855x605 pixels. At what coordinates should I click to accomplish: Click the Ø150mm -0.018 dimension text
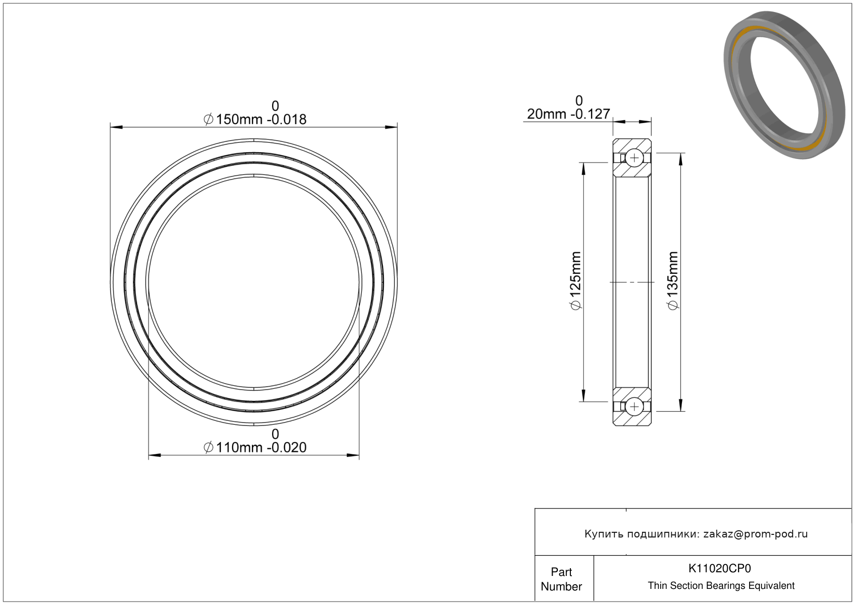click(255, 119)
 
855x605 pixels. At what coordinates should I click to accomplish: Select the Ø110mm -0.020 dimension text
click(255, 447)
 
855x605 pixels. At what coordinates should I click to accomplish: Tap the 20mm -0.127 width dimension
click(568, 114)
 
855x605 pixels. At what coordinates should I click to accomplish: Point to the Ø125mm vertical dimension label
click(576, 281)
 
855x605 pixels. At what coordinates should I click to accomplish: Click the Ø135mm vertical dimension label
click(673, 281)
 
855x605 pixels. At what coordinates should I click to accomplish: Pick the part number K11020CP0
click(719, 568)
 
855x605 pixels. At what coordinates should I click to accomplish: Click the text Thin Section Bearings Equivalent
click(721, 586)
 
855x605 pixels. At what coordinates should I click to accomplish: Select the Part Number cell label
click(562, 579)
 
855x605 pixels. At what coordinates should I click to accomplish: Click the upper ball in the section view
click(634, 158)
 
